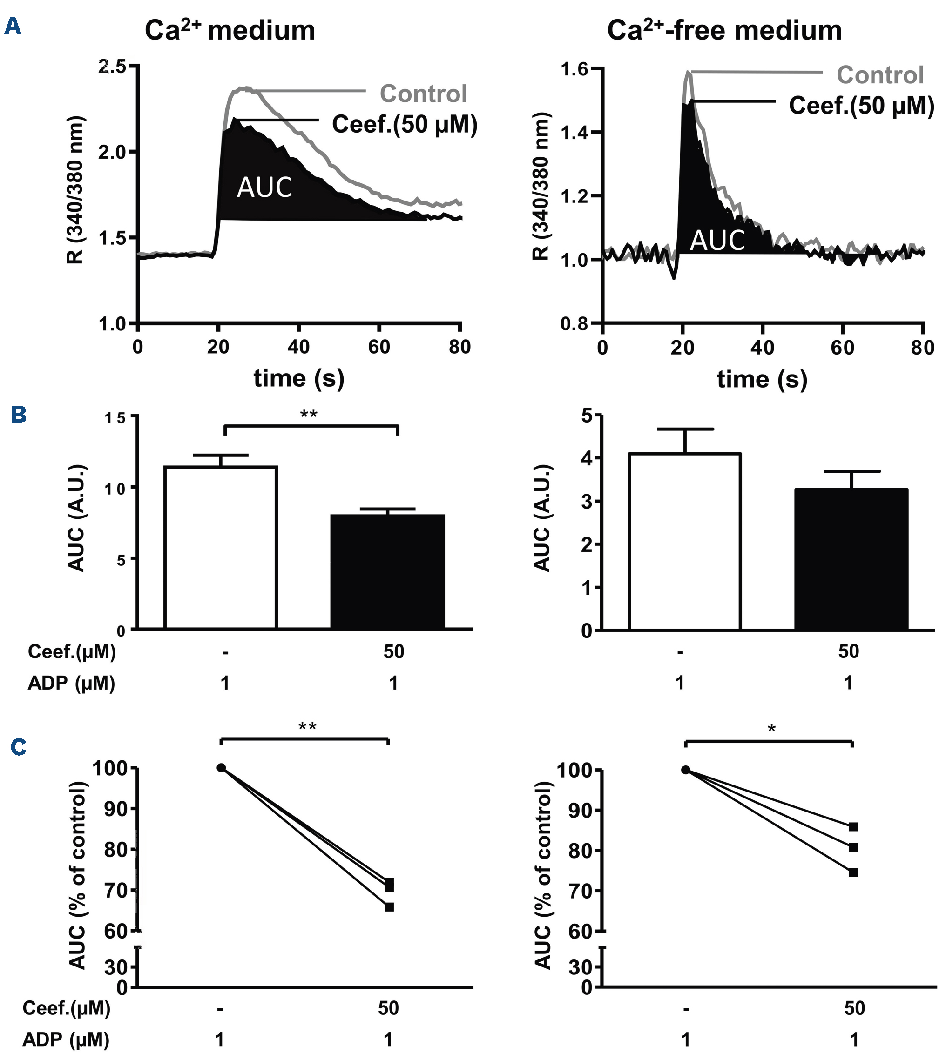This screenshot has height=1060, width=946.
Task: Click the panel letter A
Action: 13,26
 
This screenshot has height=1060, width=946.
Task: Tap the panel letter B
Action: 19,415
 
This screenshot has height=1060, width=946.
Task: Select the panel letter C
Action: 19,747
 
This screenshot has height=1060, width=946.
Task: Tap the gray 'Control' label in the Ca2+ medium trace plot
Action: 423,94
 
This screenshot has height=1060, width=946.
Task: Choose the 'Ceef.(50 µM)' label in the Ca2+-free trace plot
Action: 861,106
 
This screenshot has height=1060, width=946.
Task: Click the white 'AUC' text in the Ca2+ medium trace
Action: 264,187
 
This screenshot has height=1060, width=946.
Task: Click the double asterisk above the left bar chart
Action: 309,414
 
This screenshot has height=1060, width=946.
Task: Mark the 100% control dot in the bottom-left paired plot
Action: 222,767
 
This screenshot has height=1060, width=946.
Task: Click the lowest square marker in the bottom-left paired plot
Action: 389,907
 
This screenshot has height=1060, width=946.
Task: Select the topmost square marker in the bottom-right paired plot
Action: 853,827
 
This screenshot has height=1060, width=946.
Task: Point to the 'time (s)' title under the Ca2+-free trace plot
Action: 762,379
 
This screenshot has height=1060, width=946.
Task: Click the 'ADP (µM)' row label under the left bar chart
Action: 71,683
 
